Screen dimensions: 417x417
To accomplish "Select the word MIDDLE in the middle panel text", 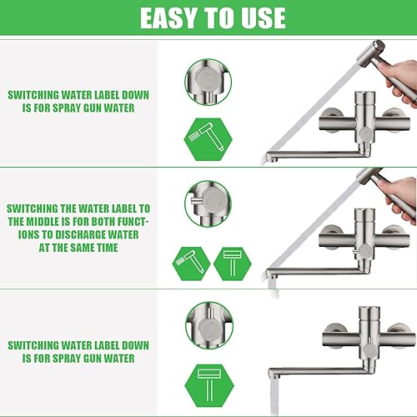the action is coord(43,222).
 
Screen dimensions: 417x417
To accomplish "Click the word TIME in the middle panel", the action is coord(107,248).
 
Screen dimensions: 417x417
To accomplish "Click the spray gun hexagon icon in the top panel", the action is coord(208,139).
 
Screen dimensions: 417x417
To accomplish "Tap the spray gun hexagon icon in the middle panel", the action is coord(192,264).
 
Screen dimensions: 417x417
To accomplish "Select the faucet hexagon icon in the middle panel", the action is coord(233,264).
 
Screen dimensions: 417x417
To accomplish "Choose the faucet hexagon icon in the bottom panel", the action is coord(209,385).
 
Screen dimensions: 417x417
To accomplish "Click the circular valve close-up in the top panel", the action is coord(208,82).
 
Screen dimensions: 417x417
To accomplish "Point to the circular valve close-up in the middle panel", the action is coord(208,203).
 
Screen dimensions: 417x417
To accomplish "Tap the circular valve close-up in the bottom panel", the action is coord(209,325).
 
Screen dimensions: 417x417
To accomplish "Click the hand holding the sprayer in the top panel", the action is coord(400,81).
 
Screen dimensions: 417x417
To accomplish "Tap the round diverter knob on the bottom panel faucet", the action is coord(369,351).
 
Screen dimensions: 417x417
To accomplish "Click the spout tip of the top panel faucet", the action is coord(271,158).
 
